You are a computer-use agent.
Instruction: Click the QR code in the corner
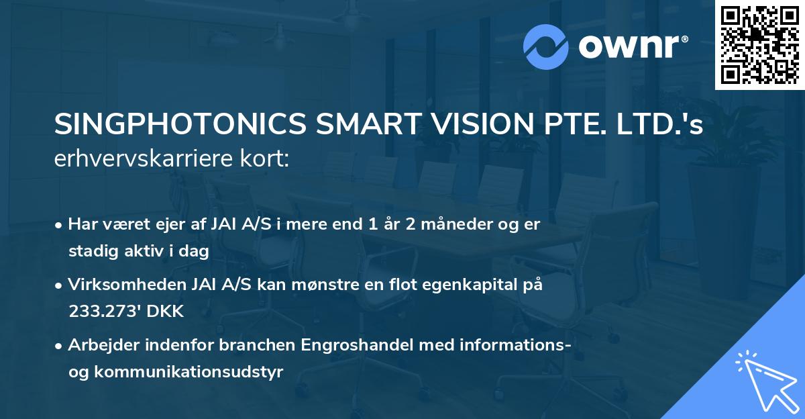(759, 44)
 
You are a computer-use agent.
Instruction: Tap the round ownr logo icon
(545, 47)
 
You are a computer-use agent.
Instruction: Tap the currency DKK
(158, 311)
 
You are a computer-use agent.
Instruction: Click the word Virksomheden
(125, 285)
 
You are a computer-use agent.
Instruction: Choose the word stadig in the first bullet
(89, 251)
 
